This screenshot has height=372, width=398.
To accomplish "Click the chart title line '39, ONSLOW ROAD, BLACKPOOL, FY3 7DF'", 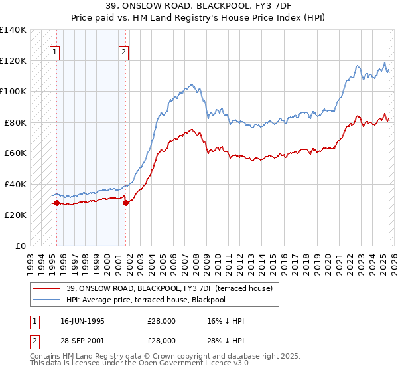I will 198,5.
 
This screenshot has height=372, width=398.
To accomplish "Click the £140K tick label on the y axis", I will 13,30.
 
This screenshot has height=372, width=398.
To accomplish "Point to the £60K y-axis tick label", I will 15,153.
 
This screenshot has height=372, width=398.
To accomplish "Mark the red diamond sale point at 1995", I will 56,203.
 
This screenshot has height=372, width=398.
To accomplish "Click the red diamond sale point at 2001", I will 126,203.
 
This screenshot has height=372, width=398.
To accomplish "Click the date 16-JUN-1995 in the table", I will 82,321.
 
